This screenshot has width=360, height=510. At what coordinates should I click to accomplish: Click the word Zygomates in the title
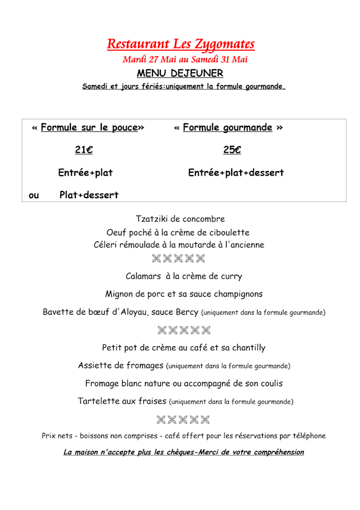coord(225,44)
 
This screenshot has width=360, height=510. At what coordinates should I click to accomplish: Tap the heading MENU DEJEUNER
coord(180,73)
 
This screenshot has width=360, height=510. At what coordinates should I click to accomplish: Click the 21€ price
coord(84,150)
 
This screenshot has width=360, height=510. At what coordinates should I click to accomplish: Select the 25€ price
coord(232,150)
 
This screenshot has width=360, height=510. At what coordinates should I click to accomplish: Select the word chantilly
coord(245,348)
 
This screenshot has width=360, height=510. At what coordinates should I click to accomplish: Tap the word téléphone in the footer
coord(304,436)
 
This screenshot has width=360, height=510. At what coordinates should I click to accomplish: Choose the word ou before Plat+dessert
coord(34,196)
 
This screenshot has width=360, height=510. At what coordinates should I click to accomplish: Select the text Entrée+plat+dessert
coord(236,173)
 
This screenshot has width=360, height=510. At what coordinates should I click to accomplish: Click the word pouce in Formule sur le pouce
coord(124,128)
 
